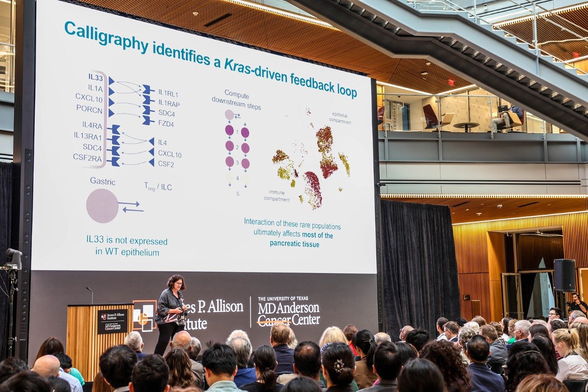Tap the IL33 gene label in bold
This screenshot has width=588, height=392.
[96, 77]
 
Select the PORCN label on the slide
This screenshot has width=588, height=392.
[89, 108]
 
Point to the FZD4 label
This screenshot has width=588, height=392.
[166, 124]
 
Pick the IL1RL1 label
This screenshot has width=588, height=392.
[168, 93]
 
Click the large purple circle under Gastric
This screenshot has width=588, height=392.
[102, 206]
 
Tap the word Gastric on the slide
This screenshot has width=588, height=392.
[102, 182]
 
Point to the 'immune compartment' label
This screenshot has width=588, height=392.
[277, 195]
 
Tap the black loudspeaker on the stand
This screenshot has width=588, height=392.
[564, 275]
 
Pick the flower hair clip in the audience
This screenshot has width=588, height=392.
[339, 366]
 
